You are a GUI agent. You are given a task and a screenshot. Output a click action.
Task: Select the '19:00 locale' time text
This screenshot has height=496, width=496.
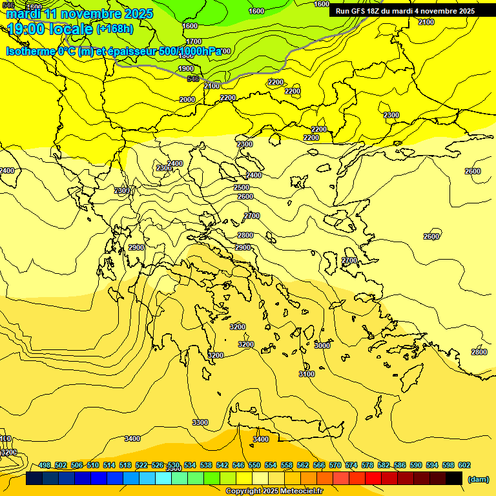50,29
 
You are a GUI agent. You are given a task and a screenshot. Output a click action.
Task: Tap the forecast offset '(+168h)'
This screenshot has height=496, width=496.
114,29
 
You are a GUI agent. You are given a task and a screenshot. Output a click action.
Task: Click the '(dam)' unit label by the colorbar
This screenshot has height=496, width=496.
478,479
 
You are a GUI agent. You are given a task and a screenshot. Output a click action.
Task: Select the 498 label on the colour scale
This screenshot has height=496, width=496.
45,465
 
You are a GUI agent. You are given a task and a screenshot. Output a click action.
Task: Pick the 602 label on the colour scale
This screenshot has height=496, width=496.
464,465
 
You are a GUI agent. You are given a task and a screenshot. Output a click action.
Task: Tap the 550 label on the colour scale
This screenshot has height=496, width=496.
254,465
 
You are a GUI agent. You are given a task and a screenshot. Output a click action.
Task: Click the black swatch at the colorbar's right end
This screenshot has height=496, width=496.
454,479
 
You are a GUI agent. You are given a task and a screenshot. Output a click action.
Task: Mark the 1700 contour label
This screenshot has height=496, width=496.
194,41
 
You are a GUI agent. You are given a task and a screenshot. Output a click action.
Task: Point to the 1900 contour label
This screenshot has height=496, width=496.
186,68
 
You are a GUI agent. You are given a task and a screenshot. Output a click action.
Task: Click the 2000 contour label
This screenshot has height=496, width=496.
187,99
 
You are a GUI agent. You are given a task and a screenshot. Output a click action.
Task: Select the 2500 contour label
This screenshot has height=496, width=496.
242,187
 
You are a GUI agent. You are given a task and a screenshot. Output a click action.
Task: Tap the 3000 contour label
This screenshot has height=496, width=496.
322,346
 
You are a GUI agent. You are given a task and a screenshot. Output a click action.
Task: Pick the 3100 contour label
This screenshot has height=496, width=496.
307,374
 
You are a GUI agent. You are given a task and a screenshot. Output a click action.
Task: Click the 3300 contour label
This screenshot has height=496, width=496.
200,422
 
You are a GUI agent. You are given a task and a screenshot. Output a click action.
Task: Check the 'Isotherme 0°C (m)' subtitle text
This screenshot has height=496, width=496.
49,51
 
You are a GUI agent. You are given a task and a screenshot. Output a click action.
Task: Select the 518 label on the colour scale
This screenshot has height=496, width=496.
125,465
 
